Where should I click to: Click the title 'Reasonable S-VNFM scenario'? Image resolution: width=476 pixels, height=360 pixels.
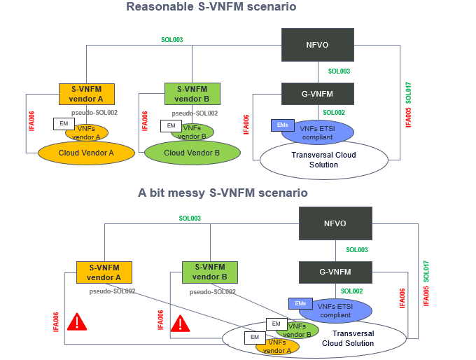[211, 7]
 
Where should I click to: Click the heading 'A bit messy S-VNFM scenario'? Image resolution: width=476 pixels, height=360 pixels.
[223, 193]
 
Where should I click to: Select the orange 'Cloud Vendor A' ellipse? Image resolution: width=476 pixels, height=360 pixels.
[86, 152]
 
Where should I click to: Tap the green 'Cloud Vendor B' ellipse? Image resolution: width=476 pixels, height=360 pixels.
[192, 153]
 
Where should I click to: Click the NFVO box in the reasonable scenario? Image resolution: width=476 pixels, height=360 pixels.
[317, 44]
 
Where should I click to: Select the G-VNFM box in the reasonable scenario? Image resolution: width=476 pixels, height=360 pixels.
[317, 93]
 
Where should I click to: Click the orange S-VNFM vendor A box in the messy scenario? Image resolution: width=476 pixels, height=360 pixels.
[104, 272]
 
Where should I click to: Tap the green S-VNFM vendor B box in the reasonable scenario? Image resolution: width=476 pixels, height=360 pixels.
[192, 93]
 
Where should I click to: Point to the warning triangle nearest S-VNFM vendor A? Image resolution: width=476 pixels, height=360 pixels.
[76, 323]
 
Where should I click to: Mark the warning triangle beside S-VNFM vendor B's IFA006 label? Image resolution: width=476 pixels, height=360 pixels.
[181, 323]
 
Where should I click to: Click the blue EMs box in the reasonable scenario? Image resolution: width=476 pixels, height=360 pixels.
[281, 125]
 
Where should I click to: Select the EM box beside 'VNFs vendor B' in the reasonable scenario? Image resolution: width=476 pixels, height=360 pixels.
[170, 125]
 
